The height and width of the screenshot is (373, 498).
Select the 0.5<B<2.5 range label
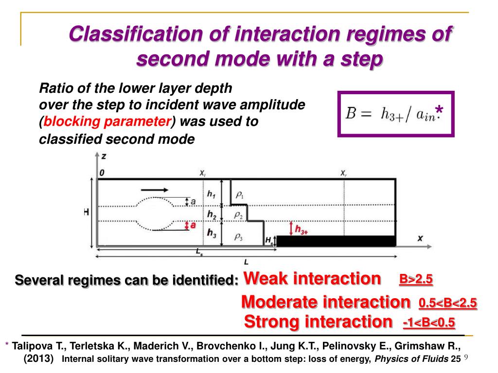pos(447,304)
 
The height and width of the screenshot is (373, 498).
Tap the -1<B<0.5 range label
pos(429,323)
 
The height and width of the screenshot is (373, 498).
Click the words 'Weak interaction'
pos(312,279)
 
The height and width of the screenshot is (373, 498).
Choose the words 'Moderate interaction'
pos(325,302)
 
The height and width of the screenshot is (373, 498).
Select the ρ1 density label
pos(239,194)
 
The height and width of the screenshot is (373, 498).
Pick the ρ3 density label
pos(238,237)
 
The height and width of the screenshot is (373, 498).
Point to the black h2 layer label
pos(211,214)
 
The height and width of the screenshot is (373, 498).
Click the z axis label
pos(104,156)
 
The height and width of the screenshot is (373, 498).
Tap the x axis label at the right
pos(420,238)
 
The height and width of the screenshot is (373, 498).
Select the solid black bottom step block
pos(336,241)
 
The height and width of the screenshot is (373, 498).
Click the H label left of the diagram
pos(86,213)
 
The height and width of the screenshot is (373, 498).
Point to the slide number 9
pos(465,358)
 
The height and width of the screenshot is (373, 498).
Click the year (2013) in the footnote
pos(39,359)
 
